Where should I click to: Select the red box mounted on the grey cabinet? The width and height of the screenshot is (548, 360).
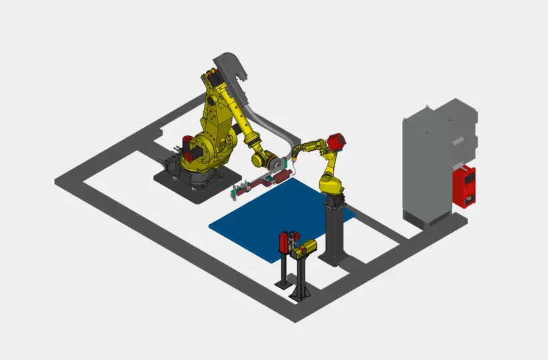(x=465, y=186)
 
